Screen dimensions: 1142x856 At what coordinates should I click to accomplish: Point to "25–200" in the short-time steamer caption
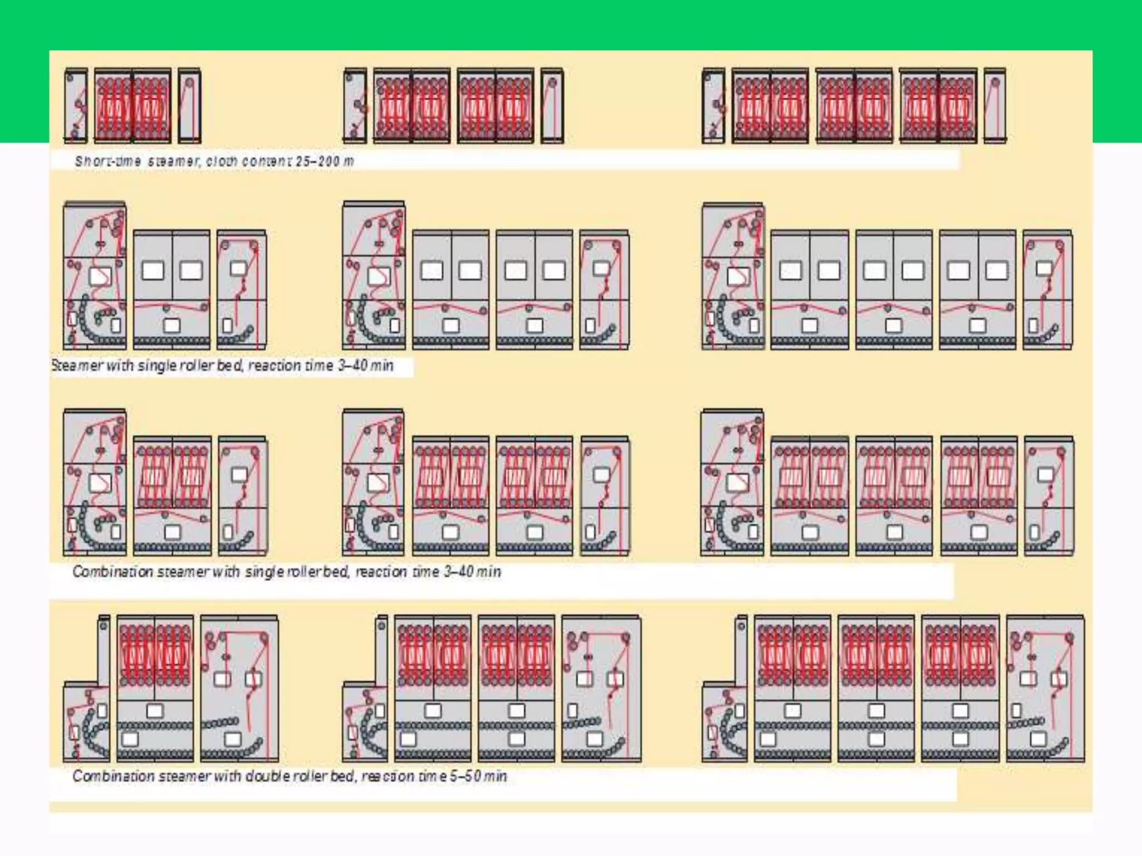[x=317, y=162]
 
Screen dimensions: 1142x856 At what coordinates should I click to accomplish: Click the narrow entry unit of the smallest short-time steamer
[x=76, y=105]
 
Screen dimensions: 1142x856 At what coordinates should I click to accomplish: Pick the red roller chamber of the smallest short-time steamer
[x=133, y=105]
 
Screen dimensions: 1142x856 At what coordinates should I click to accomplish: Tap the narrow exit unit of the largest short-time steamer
[x=994, y=105]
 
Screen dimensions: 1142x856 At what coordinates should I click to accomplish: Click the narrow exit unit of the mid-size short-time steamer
[x=551, y=105]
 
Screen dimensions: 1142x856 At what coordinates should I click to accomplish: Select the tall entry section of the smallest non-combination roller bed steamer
[x=95, y=276]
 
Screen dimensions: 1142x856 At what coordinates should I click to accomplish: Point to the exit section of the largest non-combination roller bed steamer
[x=1047, y=290]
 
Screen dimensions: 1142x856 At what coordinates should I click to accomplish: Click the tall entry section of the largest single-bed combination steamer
[x=732, y=482]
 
